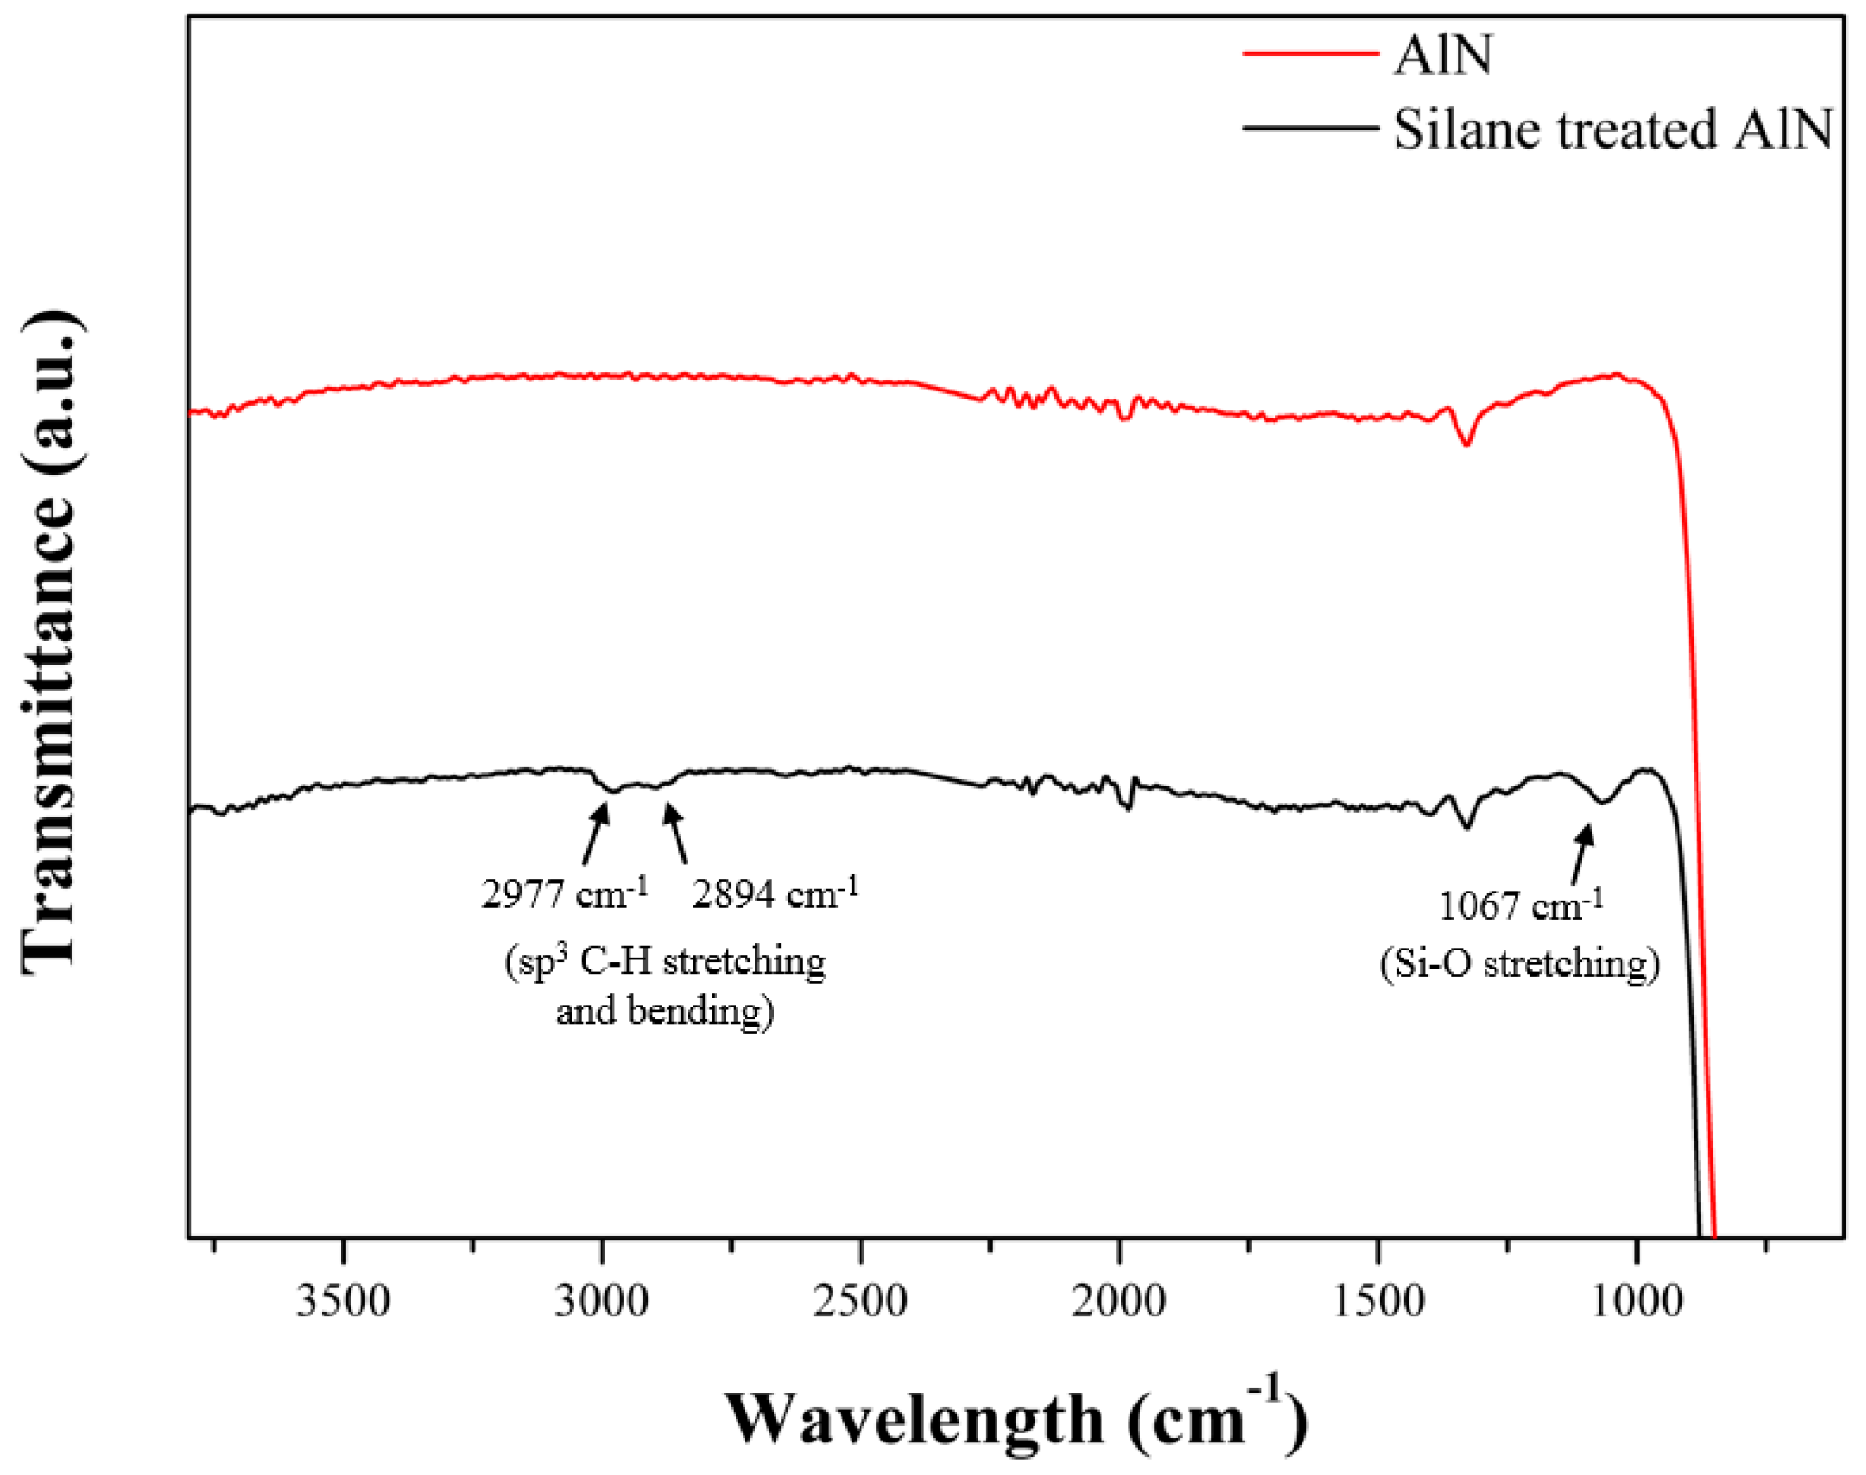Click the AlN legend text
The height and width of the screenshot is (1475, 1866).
1443,55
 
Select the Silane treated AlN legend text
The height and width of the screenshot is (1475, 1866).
1612,129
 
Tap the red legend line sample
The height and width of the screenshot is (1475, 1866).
1310,54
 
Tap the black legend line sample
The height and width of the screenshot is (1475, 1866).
1310,128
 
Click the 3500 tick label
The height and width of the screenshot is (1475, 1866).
343,1302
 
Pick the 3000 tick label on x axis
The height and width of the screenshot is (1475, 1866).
602,1302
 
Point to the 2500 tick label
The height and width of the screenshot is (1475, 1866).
861,1302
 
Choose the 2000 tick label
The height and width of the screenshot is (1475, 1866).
1120,1302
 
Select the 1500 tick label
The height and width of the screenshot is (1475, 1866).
1379,1302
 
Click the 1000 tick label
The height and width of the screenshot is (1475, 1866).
1637,1302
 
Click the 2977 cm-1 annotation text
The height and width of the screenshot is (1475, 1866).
564,893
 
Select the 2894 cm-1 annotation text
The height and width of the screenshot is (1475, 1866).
775,893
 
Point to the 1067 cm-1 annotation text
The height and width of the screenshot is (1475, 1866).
1522,904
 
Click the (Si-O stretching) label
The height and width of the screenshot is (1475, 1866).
1520,962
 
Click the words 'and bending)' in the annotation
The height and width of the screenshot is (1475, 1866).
665,1010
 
